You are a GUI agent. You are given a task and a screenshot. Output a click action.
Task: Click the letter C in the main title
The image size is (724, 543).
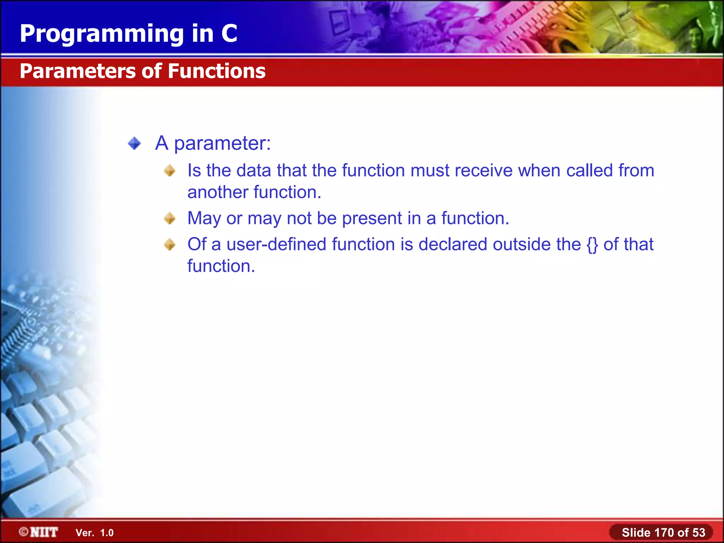(x=229, y=34)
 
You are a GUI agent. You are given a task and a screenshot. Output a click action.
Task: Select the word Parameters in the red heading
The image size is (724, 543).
(x=78, y=71)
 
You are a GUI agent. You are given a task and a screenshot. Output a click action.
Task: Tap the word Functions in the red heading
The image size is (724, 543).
(x=216, y=71)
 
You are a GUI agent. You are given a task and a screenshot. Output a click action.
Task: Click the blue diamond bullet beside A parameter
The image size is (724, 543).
(x=134, y=144)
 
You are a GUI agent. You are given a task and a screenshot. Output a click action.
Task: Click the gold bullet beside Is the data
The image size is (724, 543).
(x=170, y=171)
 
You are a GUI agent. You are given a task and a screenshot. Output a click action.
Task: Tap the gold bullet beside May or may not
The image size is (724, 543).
(x=170, y=218)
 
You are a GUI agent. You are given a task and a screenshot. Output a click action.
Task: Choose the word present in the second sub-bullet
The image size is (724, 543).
(x=372, y=218)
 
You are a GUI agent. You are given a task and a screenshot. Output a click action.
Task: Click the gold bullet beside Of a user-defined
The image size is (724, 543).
(x=170, y=244)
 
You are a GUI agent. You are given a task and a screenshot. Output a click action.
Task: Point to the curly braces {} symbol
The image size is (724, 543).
(x=592, y=245)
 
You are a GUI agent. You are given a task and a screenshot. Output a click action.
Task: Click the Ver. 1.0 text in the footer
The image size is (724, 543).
(x=94, y=533)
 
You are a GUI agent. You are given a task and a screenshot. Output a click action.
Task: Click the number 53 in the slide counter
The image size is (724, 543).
(x=699, y=532)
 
